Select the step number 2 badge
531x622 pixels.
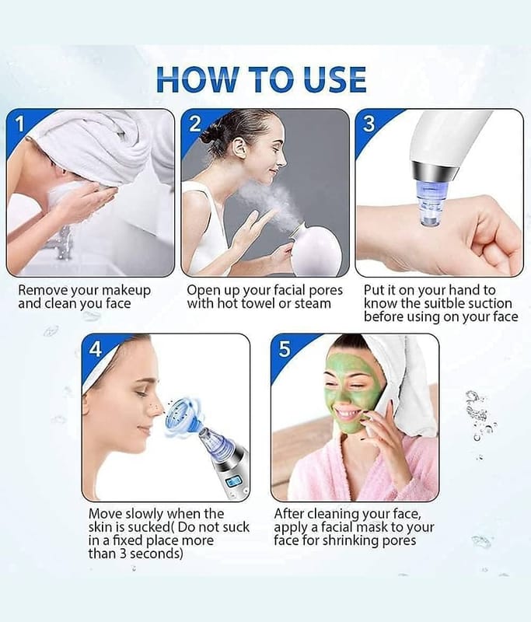(x=194, y=124)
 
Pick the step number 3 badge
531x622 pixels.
(x=369, y=124)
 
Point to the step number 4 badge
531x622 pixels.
(x=96, y=349)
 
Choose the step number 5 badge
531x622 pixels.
(x=285, y=349)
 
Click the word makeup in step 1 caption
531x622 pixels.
(x=127, y=290)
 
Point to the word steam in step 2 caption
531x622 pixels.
(x=313, y=304)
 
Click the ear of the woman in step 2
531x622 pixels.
(x=239, y=148)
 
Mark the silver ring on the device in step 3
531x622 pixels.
(x=435, y=169)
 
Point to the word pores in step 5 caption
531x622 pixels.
(x=398, y=540)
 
